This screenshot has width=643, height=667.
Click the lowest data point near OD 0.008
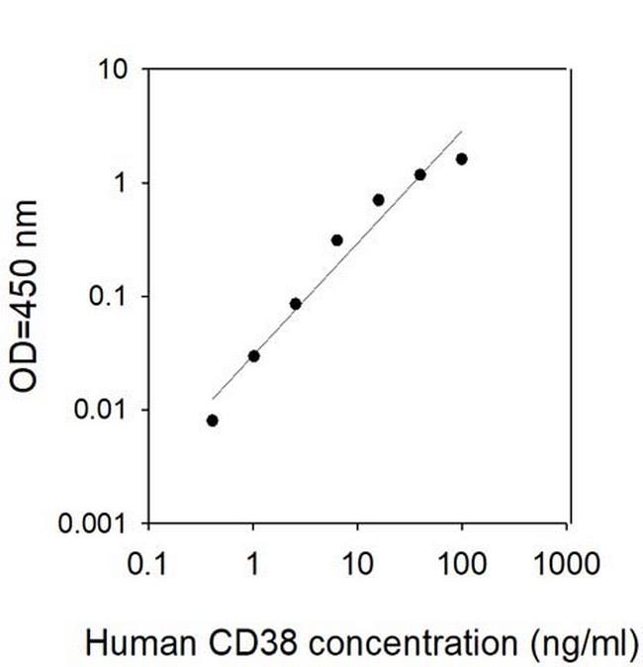tap(212, 420)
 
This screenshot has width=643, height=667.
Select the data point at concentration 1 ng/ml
tap(253, 355)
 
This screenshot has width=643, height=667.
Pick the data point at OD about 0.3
tap(336, 239)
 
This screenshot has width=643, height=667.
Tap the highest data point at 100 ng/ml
tap(461, 158)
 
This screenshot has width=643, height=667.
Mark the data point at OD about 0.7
tap(378, 200)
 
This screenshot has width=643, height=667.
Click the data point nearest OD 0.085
tap(295, 304)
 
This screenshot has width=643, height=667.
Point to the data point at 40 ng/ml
tap(419, 174)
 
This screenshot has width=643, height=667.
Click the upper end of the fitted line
tap(462, 132)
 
